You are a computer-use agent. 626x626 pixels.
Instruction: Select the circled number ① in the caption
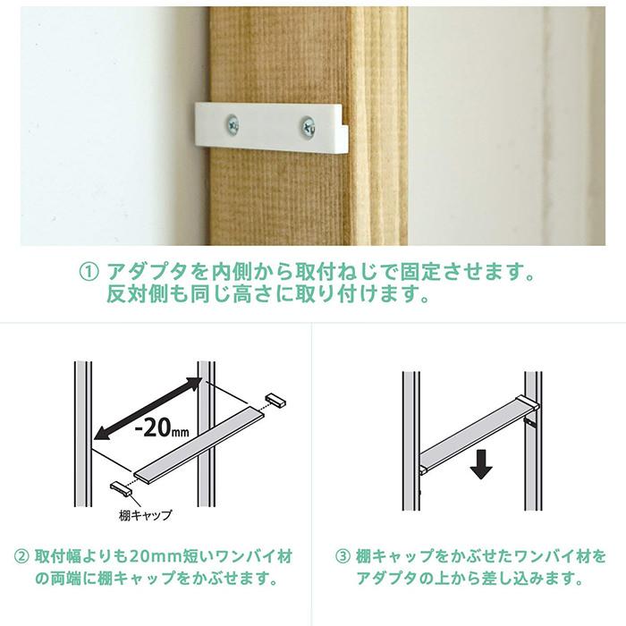[x=89, y=272]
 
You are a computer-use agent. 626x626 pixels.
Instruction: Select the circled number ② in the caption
[x=21, y=556]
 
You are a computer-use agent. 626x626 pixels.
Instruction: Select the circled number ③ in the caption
[x=343, y=556]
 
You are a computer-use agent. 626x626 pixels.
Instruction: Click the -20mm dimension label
[x=162, y=428]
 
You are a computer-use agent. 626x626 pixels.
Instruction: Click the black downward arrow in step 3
[x=481, y=464]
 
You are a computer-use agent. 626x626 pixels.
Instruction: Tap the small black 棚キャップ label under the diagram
[x=145, y=515]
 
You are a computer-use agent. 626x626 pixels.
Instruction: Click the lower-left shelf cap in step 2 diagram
[x=121, y=488]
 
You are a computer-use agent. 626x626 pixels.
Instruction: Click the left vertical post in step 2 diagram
[x=83, y=434]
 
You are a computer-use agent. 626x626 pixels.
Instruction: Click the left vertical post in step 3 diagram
[x=411, y=441]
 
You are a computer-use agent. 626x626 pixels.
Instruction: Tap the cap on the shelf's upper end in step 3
[x=528, y=402]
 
